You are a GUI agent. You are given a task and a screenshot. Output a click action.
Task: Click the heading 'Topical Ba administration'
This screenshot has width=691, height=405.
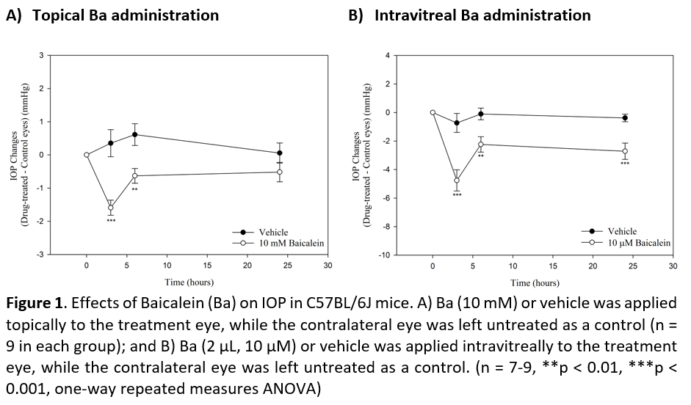click(125, 15)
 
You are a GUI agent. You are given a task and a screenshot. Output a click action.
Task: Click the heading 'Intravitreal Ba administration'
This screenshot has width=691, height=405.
click(482, 15)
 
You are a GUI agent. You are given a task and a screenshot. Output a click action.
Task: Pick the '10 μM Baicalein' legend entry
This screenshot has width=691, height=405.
click(635, 241)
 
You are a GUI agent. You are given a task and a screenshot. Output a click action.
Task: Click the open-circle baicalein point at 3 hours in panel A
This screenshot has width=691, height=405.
click(111, 208)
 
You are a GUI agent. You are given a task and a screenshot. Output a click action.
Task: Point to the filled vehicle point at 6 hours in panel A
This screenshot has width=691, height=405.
click(135, 134)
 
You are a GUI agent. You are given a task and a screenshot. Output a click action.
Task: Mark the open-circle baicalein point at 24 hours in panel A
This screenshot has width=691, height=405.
click(280, 172)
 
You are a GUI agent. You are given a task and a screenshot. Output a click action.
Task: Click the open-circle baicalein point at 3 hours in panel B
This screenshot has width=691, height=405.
click(457, 180)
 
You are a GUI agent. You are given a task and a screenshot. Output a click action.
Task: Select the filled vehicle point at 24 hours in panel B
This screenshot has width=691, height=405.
click(625, 117)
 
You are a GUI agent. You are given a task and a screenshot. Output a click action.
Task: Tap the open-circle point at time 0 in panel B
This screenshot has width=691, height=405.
click(433, 112)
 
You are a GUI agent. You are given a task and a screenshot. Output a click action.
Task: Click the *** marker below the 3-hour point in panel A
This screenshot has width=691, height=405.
click(111, 221)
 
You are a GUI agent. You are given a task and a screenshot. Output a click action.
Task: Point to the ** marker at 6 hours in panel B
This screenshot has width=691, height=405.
click(481, 156)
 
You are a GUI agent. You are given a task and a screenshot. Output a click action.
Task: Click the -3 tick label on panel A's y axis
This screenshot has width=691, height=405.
click(41, 254)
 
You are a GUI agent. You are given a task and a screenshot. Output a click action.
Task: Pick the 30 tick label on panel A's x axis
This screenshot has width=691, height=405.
click(328, 266)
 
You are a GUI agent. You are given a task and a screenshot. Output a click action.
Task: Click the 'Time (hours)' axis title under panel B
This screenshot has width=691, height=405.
click(534, 282)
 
